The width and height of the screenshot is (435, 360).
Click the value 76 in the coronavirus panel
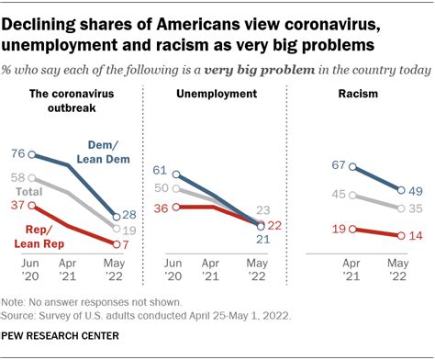tap(17, 154)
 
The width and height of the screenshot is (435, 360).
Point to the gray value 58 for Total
tap(17, 178)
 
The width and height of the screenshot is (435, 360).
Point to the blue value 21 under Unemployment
tap(261, 240)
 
